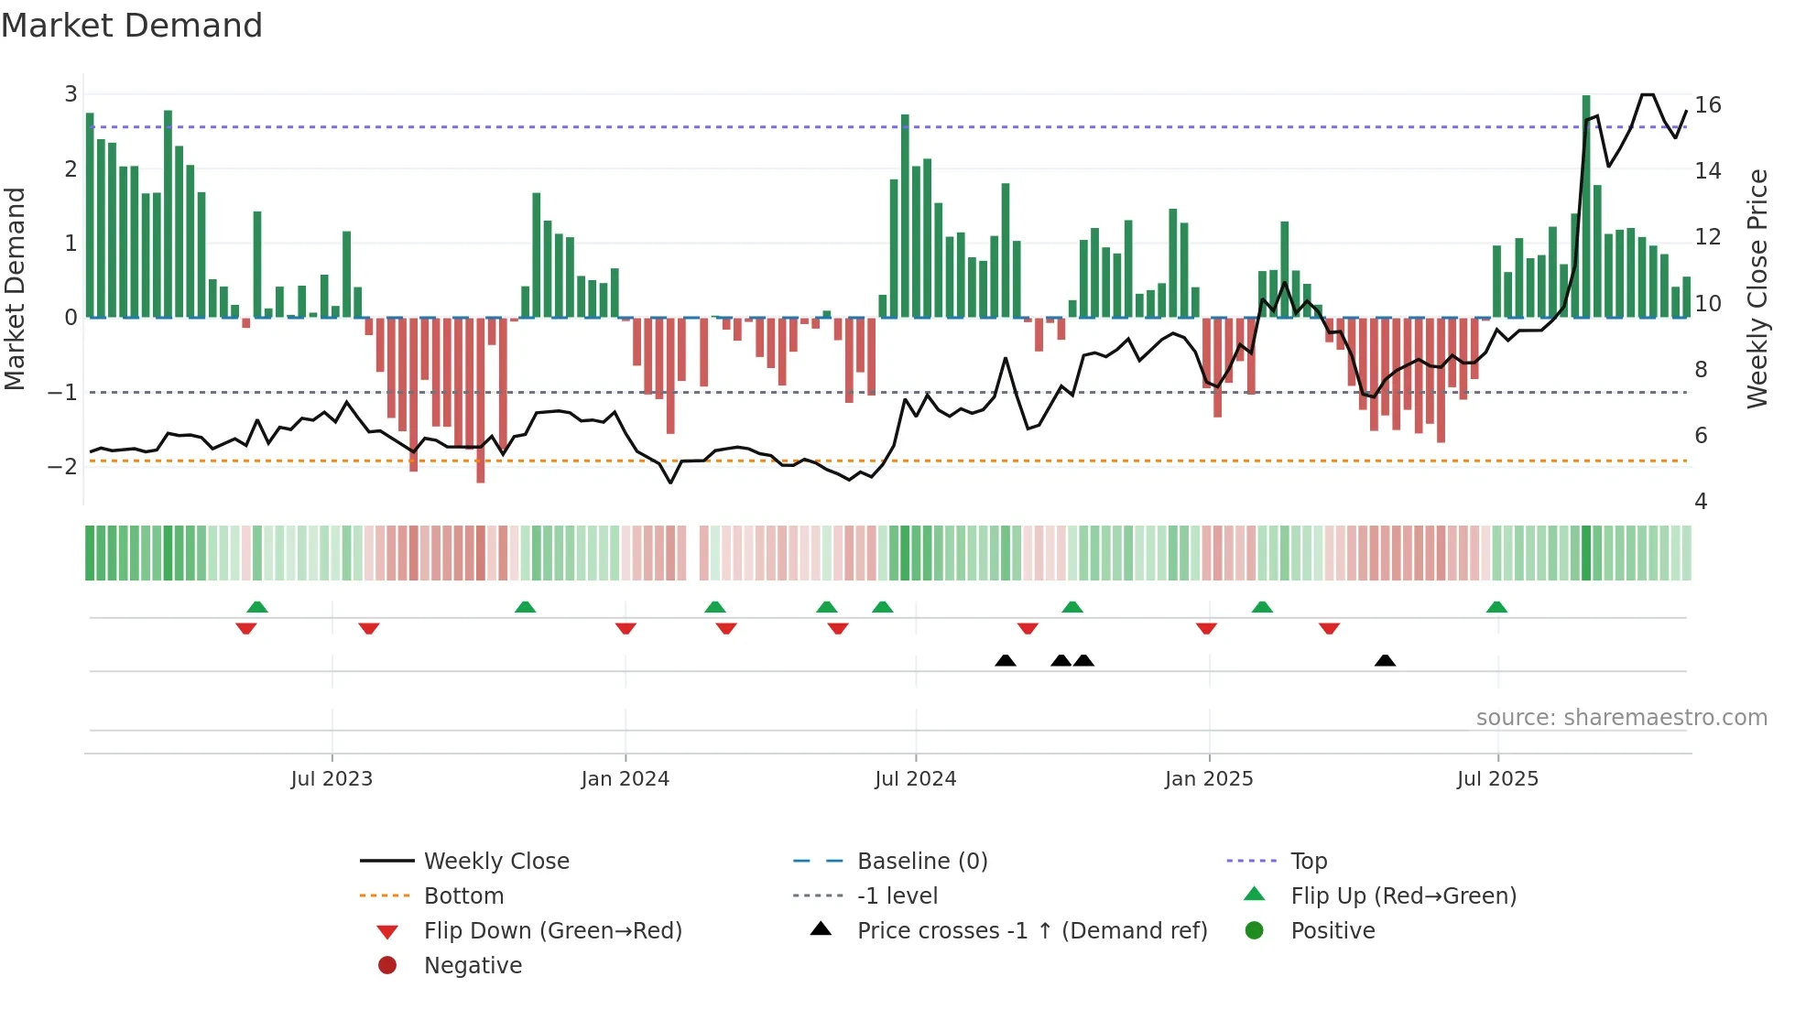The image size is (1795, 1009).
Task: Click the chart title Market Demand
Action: pyautogui.click(x=132, y=26)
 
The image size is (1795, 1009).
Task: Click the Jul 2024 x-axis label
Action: pyautogui.click(x=915, y=779)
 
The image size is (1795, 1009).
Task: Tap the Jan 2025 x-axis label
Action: pyautogui.click(x=1208, y=779)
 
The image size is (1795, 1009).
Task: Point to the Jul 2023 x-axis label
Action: pyautogui.click(x=332, y=779)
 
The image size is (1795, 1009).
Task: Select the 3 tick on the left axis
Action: pyautogui.click(x=71, y=94)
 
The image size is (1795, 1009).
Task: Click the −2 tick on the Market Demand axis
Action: pyautogui.click(x=63, y=467)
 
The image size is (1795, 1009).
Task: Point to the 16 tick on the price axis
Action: pyautogui.click(x=1707, y=105)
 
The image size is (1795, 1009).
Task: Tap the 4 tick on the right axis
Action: pyautogui.click(x=1701, y=502)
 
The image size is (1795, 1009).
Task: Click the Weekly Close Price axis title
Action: pyautogui.click(x=1757, y=288)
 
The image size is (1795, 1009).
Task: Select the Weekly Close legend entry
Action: pyautogui.click(x=495, y=862)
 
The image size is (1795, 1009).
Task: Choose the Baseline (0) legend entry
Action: pyautogui.click(x=921, y=862)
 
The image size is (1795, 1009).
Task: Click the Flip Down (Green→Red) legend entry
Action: pyautogui.click(x=552, y=931)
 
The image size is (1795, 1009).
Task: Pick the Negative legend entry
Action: pyautogui.click(x=473, y=966)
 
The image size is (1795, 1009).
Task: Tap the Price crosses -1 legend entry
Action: pyautogui.click(x=1031, y=931)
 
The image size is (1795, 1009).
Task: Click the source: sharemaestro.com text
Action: pyautogui.click(x=1621, y=718)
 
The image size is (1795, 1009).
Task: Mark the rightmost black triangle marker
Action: pyautogui.click(x=1385, y=661)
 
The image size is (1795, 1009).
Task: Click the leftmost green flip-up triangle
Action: pyautogui.click(x=257, y=607)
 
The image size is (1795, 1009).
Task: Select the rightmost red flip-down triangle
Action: pyautogui.click(x=1329, y=628)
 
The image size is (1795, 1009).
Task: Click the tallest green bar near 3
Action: pyautogui.click(x=1586, y=206)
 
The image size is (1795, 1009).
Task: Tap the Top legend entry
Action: pyautogui.click(x=1308, y=862)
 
